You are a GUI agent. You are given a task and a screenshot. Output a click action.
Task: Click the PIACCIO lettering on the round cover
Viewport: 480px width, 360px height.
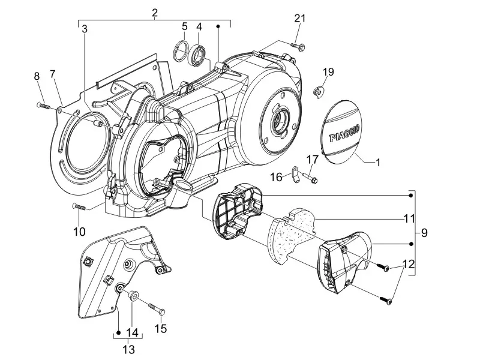tap(344, 133)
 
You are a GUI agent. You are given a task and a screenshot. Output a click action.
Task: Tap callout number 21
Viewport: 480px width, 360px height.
tap(300, 19)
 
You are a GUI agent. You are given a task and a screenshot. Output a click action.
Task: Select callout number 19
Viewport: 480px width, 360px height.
tap(328, 72)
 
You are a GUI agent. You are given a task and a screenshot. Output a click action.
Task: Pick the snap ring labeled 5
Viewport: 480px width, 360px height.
tap(181, 51)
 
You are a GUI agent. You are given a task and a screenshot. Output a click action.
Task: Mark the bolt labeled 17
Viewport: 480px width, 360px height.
tap(310, 177)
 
